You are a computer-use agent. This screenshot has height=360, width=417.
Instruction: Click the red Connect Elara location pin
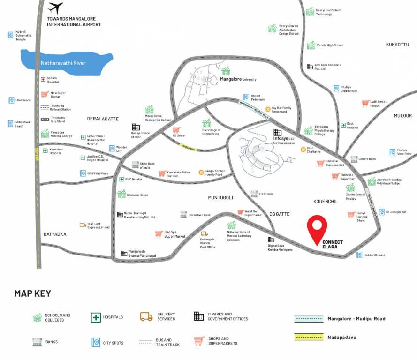pyautogui.click(x=317, y=227)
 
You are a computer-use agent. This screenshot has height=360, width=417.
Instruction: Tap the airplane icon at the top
pyautogui.click(x=55, y=8)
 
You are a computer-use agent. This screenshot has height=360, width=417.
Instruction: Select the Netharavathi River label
pyautogui.click(x=63, y=63)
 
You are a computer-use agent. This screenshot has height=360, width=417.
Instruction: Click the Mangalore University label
pyautogui.click(x=238, y=79)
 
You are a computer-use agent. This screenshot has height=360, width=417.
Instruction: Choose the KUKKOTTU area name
pyautogui.click(x=397, y=45)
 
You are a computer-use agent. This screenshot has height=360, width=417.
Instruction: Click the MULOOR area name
pyautogui.click(x=402, y=116)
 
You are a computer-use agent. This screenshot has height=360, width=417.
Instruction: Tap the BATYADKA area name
pyautogui.click(x=55, y=234)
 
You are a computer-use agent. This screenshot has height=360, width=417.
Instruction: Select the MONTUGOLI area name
pyautogui.click(x=220, y=198)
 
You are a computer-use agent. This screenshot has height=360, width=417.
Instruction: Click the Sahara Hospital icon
pyautogui.click(x=43, y=80)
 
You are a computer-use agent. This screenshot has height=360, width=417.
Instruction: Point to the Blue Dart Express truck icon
pyautogui.click(x=83, y=225)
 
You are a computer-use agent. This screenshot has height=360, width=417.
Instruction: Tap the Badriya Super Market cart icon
pyautogui.click(x=159, y=234)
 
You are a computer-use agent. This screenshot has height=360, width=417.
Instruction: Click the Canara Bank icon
pyautogui.click(x=354, y=159)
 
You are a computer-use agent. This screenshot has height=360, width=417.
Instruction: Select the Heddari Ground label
pyautogui.click(x=374, y=255)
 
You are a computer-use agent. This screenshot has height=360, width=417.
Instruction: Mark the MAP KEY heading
pyautogui.click(x=32, y=293)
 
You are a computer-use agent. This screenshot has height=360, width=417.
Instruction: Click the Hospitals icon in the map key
pyautogui.click(x=96, y=317)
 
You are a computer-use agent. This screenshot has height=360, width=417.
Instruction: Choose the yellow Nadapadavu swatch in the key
pyautogui.click(x=309, y=337)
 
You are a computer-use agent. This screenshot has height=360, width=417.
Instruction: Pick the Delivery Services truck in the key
pyautogui.click(x=146, y=317)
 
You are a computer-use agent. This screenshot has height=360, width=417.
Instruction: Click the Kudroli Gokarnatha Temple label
pyautogui.click(x=23, y=35)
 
